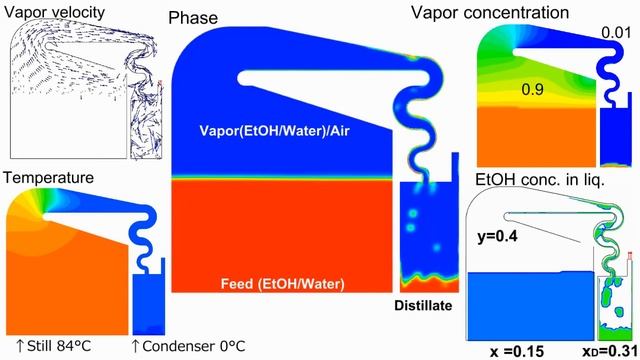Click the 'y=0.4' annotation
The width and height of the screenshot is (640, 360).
tap(497, 234)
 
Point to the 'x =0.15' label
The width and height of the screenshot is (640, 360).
tap(518, 350)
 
